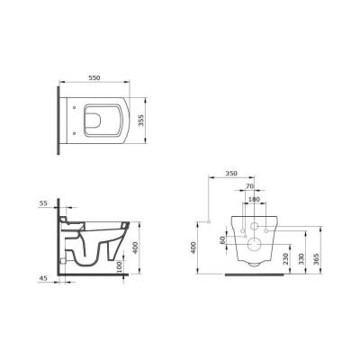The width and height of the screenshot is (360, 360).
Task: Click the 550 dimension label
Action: click(94, 77)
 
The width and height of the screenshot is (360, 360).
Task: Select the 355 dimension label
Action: click(142, 120)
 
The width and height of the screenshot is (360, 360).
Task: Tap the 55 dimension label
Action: click(43, 203)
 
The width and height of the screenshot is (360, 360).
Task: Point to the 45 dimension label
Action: click(43, 278)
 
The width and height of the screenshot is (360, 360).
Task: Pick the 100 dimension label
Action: click(120, 267)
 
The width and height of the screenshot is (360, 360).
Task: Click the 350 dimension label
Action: click(231, 174)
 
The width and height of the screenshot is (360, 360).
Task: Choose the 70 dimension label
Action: click(249, 186)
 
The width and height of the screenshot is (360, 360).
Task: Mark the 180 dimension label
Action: click(254, 199)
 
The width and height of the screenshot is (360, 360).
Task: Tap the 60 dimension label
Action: click(222, 240)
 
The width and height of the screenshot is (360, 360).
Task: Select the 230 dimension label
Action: click(285, 258)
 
